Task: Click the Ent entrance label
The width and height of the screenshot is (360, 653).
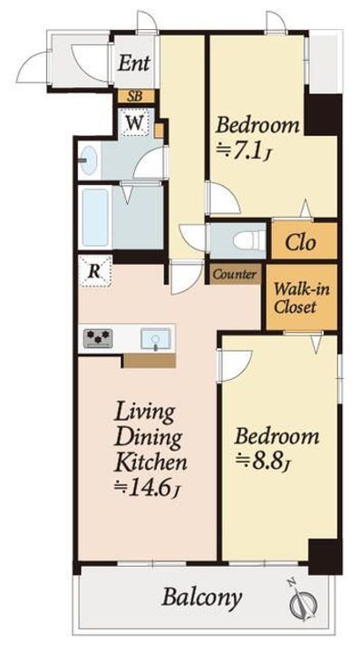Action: pyautogui.click(x=133, y=63)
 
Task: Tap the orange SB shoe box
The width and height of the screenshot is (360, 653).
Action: pyautogui.click(x=134, y=97)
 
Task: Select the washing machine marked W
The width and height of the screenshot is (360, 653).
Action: pyautogui.click(x=134, y=122)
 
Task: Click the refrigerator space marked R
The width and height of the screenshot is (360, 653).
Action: pyautogui.click(x=95, y=272)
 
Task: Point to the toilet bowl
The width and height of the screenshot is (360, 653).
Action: pyautogui.click(x=249, y=240)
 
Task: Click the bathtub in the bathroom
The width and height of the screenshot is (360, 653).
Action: pyautogui.click(x=95, y=218)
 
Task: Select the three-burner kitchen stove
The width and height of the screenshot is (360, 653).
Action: pyautogui.click(x=98, y=338)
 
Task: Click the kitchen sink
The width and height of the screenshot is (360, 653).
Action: pyautogui.click(x=156, y=338)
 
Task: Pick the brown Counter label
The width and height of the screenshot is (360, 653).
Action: pyautogui.click(x=235, y=275)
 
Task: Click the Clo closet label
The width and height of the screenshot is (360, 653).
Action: pyautogui.click(x=299, y=242)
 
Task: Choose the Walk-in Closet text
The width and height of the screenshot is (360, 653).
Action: pyautogui.click(x=302, y=297)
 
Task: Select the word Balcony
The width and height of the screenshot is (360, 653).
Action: pyautogui.click(x=201, y=598)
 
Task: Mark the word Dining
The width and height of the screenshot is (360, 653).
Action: pyautogui.click(x=149, y=437)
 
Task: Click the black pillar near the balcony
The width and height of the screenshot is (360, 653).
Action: pyautogui.click(x=325, y=557)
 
